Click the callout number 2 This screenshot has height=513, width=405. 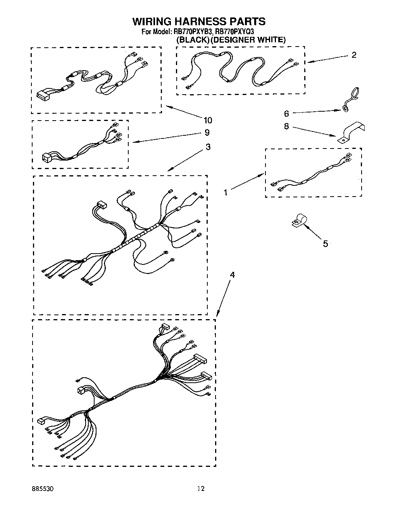tap(353, 55)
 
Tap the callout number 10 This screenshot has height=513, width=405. tap(208, 120)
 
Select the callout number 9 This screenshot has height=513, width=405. tap(207, 133)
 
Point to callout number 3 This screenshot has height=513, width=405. tap(208, 147)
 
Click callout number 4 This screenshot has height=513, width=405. tap(232, 275)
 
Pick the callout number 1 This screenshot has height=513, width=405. tap(225, 192)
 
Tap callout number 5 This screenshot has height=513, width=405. tap(325, 244)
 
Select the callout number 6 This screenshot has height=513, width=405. tap(286, 113)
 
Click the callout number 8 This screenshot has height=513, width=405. tap(286, 126)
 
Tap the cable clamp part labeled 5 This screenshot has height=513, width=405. tap(299, 221)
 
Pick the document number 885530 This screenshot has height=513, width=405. tap(43, 489)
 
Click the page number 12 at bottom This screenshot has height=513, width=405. tap(200, 489)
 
